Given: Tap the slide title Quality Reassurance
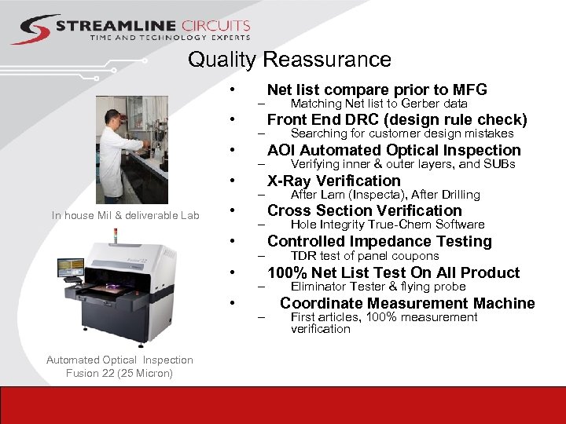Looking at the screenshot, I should pos(289,60).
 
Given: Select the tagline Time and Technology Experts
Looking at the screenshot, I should pos(170,38).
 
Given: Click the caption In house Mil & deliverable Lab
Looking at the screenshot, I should pos(126,215).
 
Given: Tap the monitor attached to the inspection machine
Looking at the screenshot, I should pos(69,268).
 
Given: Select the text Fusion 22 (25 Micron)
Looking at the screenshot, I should pos(119,373).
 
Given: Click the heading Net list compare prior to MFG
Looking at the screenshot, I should pos(377,90).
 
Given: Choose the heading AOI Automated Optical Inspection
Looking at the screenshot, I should pos(394,150).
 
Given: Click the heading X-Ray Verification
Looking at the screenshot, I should pos(333,181).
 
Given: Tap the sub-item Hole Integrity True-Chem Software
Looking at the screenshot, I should pos(388,225).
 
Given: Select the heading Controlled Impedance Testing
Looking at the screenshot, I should pos(379,241).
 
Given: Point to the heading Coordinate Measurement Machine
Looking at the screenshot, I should pos(407,303).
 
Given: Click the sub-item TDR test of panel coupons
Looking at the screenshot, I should pos(365,256).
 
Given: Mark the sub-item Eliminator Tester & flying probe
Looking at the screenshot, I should pos(378,287).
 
